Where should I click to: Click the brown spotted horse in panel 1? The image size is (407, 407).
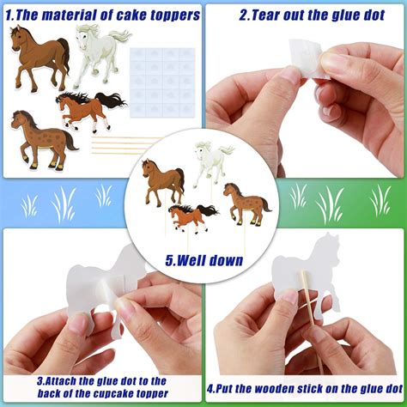(39, 134)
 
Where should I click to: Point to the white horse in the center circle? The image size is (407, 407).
(210, 162)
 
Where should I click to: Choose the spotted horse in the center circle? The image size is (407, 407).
(244, 203)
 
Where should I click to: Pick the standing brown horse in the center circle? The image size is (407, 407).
(163, 181)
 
